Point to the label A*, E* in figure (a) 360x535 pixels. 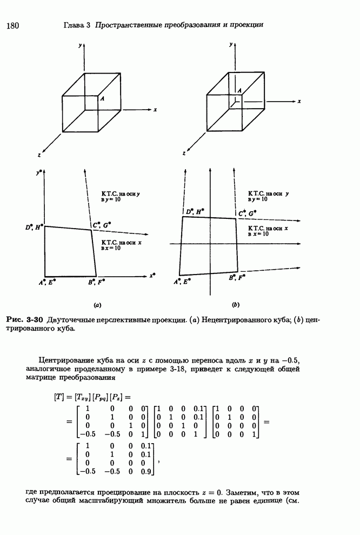48,282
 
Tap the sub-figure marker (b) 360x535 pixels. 236,305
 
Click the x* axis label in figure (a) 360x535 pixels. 152,275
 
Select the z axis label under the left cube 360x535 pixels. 39,155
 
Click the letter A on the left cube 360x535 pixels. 102,99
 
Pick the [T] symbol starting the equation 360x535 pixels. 59,397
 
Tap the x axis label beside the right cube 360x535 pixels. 299,101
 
